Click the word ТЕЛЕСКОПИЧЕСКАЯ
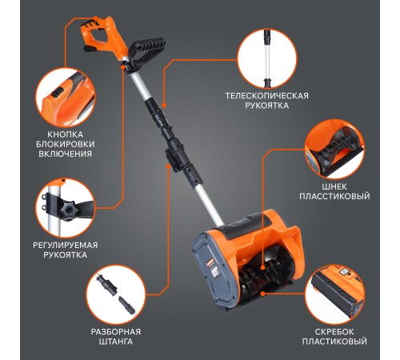coord(266,96)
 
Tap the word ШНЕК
coord(334,186)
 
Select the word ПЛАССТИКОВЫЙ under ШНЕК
coord(334,196)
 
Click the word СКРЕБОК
coord(334,332)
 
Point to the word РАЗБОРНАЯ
coord(116,332)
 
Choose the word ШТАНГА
coord(116,342)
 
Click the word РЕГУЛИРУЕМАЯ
coord(66,245)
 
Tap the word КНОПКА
coord(66,134)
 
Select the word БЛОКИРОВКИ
coord(66,144)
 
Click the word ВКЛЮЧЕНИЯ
coord(66,154)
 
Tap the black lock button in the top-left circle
coord(56,94)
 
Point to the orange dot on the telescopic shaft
coord(164,106)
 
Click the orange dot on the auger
coord(262,267)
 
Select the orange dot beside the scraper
coord(263,294)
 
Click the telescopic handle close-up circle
coord(267,58)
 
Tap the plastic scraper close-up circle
coord(334,294)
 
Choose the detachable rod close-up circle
coord(116,294)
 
